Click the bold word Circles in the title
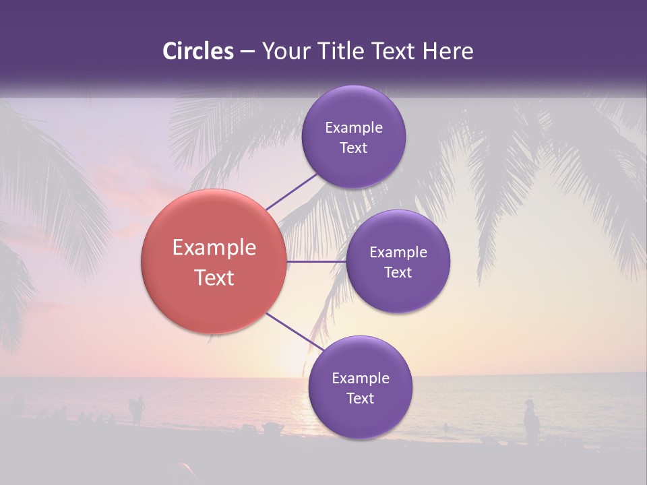pyautogui.click(x=198, y=51)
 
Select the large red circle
pyautogui.click(x=214, y=261)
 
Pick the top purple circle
pyautogui.click(x=353, y=137)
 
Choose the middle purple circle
pyautogui.click(x=398, y=261)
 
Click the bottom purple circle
pyautogui.click(x=360, y=387)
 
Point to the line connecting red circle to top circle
pyautogui.click(x=291, y=191)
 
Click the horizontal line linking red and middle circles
pyautogui.click(x=316, y=261)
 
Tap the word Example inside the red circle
pyautogui.click(x=214, y=247)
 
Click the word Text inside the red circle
pyautogui.click(x=214, y=278)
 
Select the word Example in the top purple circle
pyautogui.click(x=353, y=127)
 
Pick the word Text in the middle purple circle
pyautogui.click(x=398, y=272)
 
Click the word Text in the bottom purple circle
pyautogui.click(x=360, y=398)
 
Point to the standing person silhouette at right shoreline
pyautogui.click(x=531, y=422)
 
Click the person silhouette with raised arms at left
pyautogui.click(x=137, y=410)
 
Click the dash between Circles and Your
pyautogui.click(x=247, y=51)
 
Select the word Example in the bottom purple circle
pyautogui.click(x=360, y=378)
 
